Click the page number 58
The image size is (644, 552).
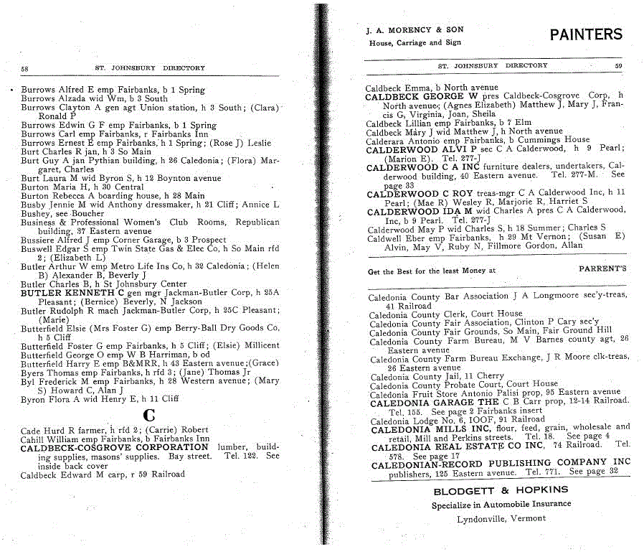[x=24, y=68]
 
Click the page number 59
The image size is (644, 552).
[x=617, y=66]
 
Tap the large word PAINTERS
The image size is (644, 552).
[x=586, y=34]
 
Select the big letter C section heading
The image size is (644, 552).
[x=149, y=414]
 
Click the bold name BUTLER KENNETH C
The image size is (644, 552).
[x=72, y=293]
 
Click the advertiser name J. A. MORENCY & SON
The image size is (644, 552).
[x=415, y=30]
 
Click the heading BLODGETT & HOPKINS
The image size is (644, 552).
[x=501, y=490]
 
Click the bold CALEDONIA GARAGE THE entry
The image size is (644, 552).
[x=435, y=403]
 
